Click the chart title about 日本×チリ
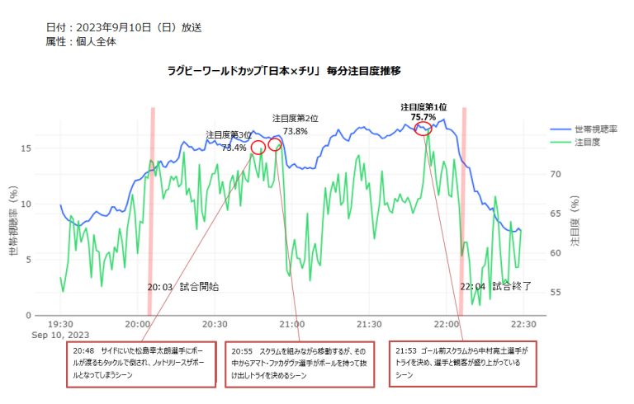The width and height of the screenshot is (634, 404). (284, 72)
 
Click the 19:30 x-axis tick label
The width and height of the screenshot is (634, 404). (61, 324)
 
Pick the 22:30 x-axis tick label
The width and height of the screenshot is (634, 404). (523, 324)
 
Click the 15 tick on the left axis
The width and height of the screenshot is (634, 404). (26, 148)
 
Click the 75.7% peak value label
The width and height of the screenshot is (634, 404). (423, 117)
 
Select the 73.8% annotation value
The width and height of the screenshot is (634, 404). (296, 130)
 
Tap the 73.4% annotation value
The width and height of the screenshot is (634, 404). (234, 148)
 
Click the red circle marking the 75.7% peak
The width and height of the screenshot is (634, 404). (423, 129)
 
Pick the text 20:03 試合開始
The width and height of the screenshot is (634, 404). (183, 287)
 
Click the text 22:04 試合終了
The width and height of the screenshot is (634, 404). (495, 287)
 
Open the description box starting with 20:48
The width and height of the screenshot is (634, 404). (142, 364)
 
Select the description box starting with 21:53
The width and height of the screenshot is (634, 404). (463, 364)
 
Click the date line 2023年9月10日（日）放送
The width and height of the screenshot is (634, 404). (124, 27)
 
